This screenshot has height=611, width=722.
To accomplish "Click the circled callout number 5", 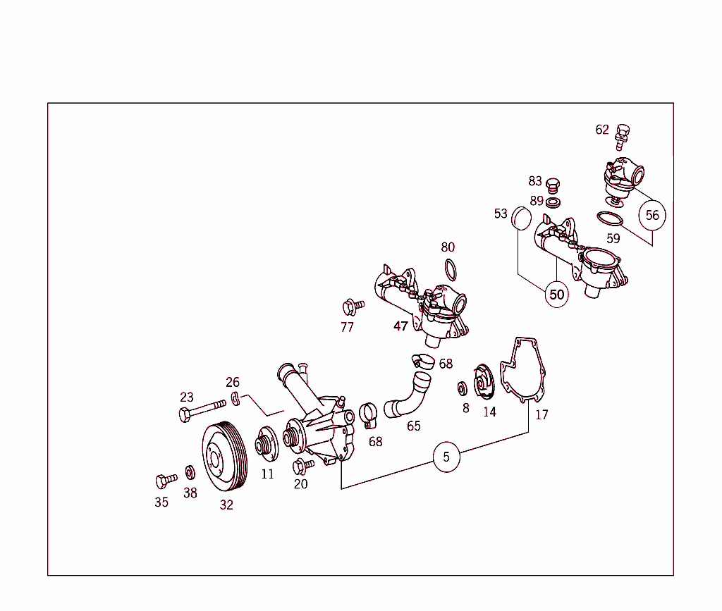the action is (446, 457).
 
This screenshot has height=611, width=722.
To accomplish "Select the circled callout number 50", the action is (557, 295).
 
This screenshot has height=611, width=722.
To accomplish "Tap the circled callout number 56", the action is (652, 216).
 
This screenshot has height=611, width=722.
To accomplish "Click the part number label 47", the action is (400, 326).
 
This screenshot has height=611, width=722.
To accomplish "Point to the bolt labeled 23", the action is (202, 409).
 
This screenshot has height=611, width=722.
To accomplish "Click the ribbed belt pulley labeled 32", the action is (225, 457).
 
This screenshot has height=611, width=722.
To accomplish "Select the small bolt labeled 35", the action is (166, 481).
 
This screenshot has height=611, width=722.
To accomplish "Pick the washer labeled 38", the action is (190, 472).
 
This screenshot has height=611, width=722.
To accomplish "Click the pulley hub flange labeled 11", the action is (267, 443).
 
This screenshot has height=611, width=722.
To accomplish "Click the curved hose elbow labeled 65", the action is (408, 395).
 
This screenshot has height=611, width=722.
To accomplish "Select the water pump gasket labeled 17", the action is (523, 370).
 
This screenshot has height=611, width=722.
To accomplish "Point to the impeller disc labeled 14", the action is (484, 381).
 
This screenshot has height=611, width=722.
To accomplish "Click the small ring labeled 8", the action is (462, 388).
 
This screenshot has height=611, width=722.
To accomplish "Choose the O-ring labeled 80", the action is (451, 270).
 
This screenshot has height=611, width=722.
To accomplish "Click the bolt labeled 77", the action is (353, 307).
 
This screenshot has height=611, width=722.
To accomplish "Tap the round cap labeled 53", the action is (521, 218).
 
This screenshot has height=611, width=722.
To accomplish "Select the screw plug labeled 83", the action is (553, 185).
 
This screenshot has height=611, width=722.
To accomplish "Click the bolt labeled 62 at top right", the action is (622, 137).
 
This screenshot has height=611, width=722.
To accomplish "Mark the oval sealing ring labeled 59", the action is (610, 218).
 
